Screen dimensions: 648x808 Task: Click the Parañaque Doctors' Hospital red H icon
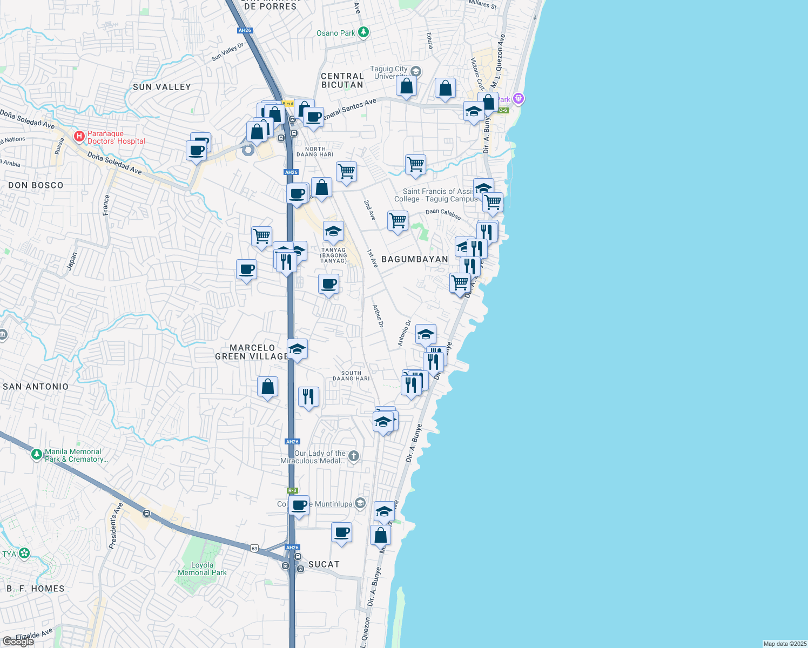click(79, 136)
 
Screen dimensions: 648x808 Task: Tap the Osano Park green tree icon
click(363, 33)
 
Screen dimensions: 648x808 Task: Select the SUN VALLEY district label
click(161, 87)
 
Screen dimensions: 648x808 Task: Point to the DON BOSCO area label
click(36, 185)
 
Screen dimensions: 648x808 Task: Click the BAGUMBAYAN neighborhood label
click(414, 259)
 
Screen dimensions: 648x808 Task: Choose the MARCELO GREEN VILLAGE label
click(252, 352)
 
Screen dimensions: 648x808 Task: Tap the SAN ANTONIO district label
click(36, 387)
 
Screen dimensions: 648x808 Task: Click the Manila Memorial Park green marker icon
click(37, 455)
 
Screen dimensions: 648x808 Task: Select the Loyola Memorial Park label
click(202, 569)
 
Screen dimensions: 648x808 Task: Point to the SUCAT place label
click(324, 564)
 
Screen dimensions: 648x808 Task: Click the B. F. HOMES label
click(36, 589)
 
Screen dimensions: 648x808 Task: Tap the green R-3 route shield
click(292, 490)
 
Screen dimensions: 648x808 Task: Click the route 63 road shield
click(254, 549)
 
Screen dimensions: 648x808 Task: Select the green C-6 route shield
click(503, 110)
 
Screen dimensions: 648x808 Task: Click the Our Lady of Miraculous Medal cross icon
click(353, 456)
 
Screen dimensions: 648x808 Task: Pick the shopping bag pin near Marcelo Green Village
click(267, 387)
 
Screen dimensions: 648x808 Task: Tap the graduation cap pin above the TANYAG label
click(333, 231)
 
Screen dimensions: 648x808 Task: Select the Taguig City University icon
click(415, 71)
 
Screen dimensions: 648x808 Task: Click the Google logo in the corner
click(18, 641)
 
